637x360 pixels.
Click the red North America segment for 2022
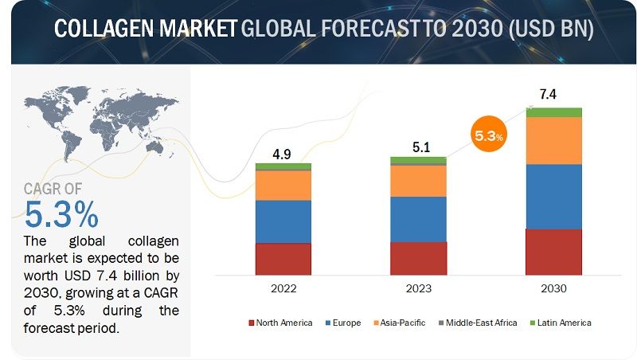coord(283,259)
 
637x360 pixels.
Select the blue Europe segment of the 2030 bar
coord(553,197)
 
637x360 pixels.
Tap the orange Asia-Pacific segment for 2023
coord(418,181)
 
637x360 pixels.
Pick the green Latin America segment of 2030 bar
coord(553,112)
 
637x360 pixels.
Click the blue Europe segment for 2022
coord(283,221)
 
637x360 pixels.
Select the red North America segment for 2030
coord(553,252)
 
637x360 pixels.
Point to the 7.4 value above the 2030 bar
coord(548,95)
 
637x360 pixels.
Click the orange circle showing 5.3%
coord(486,137)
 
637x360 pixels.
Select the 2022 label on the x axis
coord(283,288)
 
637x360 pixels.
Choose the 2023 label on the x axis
coord(418,288)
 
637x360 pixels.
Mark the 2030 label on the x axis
coord(553,288)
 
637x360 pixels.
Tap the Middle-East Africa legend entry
coord(475,323)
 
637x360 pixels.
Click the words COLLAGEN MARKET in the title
coord(145,29)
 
